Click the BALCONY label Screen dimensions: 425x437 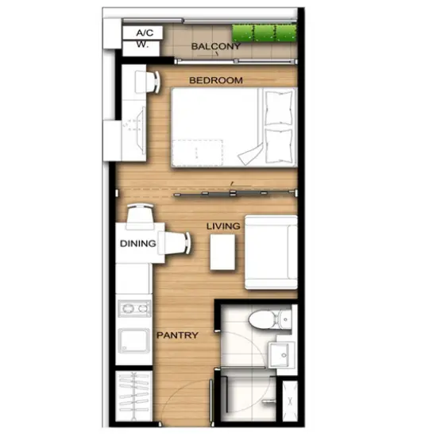coord(216,46)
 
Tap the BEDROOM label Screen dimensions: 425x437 coord(216,80)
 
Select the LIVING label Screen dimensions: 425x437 coord(223,226)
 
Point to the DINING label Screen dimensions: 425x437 coord(137,244)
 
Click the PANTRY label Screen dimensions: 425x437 coord(177,335)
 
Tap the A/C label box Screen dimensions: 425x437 coord(142,33)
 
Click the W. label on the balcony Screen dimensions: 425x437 coord(141,48)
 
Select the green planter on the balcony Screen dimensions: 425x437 coord(265,33)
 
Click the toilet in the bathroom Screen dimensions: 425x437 coord(269,319)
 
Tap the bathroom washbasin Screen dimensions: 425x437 coord(281,354)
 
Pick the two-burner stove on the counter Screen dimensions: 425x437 coord(134,308)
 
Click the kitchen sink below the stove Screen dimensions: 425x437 coord(133,341)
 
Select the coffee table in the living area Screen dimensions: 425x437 coord(222,252)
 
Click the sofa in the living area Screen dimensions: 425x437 coord(271,252)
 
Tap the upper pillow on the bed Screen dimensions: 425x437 coord(279,107)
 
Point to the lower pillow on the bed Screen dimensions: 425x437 coord(279,145)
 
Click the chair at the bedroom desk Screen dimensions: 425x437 coord(148,82)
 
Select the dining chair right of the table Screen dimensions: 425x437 coord(174,243)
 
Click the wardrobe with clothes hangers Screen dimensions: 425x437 coord(133,396)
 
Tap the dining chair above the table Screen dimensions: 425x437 coord(140,217)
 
